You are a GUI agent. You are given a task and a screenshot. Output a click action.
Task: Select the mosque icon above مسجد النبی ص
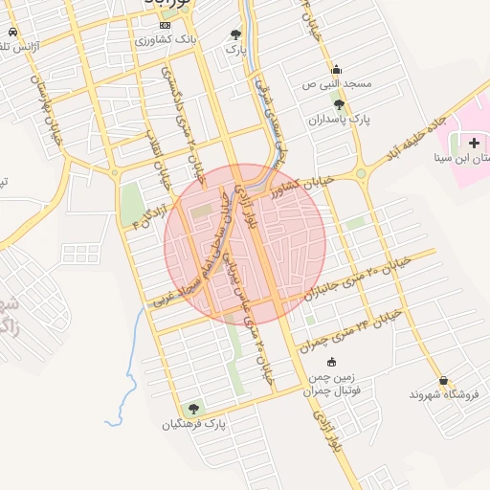pyautogui.click(x=336, y=69)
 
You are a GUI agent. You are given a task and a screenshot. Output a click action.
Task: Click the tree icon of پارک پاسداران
pyautogui.click(x=339, y=104)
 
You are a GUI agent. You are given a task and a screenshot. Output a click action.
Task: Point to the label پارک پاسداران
pyautogui.click(x=339, y=120)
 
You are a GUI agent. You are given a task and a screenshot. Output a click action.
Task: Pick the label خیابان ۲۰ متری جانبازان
pyautogui.click(x=367, y=278)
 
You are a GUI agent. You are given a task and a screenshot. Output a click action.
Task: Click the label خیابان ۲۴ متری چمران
pyautogui.click(x=349, y=328)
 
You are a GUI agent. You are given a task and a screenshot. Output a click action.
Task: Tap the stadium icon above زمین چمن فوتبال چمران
pyautogui.click(x=331, y=362)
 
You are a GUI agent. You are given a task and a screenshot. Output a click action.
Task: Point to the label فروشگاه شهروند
pyautogui.click(x=443, y=393)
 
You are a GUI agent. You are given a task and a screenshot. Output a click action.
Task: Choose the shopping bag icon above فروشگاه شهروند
pyautogui.click(x=443, y=378)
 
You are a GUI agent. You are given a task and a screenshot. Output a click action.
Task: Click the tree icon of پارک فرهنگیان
pyautogui.click(x=195, y=409)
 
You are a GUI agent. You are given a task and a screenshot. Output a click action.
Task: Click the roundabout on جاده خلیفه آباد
pyautogui.click(x=362, y=173)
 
